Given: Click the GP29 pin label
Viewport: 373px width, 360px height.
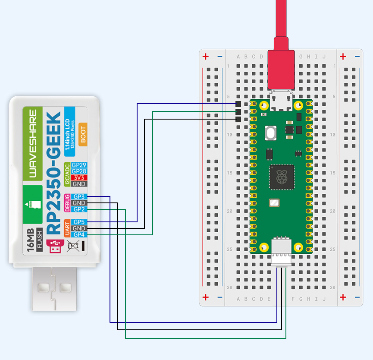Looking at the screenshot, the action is point(79,165).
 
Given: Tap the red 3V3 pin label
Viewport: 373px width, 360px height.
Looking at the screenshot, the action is point(79,177).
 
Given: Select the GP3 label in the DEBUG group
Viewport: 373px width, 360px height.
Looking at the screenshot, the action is point(79,197).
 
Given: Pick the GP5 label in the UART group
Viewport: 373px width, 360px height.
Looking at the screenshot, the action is point(79,222).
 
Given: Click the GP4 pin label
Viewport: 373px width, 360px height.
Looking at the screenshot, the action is point(79,234).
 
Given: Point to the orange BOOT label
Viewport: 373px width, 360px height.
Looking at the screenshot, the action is point(83,135).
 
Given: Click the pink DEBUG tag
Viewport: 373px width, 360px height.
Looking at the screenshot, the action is point(67,203).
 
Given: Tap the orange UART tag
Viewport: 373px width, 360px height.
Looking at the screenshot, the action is point(67,228).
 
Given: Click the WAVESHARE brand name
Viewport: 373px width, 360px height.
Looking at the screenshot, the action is point(33,144).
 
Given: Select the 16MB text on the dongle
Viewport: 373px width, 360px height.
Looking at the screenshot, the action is point(30,240).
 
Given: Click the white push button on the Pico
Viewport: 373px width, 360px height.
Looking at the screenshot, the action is point(271,133).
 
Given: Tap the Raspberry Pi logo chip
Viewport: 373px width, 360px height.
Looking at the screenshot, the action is point(282,177).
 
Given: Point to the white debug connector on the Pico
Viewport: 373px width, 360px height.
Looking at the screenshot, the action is point(282,251).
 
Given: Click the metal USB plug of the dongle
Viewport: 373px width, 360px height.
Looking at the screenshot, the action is point(54,289).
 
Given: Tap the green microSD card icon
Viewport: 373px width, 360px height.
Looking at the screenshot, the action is point(33,205).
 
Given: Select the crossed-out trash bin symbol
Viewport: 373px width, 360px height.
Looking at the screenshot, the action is point(73,246).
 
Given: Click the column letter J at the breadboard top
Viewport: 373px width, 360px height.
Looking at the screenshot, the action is point(324,57).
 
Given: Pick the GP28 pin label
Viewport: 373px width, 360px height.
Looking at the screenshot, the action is point(79,171).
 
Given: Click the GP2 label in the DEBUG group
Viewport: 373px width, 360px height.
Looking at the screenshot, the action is point(79,209).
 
